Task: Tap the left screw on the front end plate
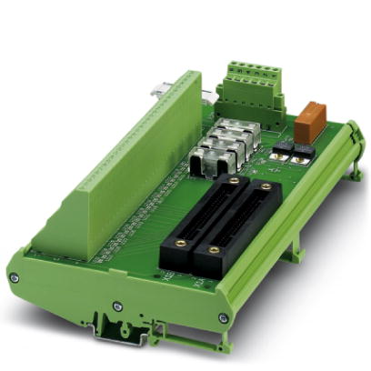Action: tap(13, 277)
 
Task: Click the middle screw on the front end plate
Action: tap(117, 306)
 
